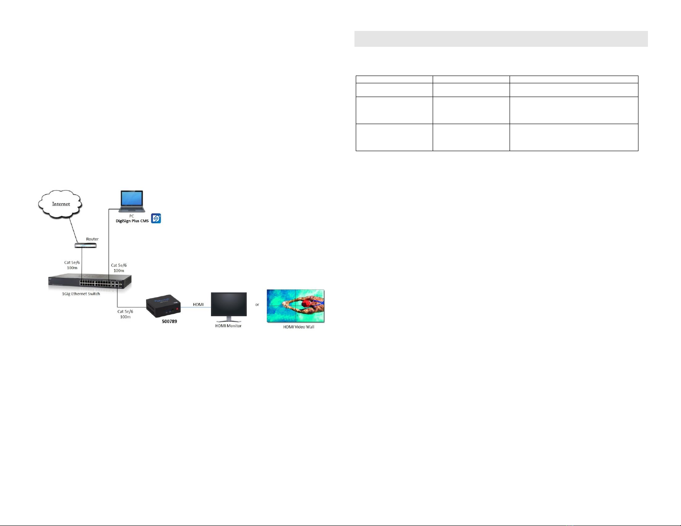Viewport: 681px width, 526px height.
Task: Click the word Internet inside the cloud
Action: point(61,204)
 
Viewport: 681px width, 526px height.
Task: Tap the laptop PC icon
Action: point(132,201)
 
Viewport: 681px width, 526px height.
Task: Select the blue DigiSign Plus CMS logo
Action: point(156,219)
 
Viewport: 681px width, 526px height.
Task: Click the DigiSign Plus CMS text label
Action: point(131,221)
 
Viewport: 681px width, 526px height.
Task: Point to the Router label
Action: point(92,239)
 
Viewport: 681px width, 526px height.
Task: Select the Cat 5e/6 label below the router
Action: point(72,265)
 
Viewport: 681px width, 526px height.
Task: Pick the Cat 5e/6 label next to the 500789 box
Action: point(125,314)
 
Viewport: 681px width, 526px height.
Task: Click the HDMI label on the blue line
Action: point(198,304)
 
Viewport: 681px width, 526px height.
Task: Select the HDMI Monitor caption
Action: point(228,326)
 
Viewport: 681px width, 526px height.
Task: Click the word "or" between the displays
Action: point(257,305)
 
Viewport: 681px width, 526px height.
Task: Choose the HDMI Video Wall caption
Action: point(298,327)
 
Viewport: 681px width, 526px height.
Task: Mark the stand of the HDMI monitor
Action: point(229,319)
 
